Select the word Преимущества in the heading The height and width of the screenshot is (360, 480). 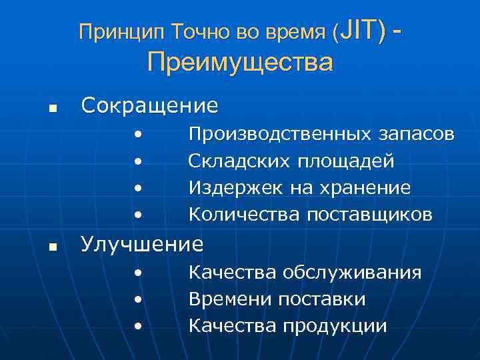[x=240, y=63]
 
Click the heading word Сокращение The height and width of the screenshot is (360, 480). [x=149, y=105]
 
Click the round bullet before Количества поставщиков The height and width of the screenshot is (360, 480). [x=137, y=215]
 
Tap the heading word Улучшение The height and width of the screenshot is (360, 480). [x=142, y=244]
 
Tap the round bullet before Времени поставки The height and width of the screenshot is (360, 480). [x=137, y=299]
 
